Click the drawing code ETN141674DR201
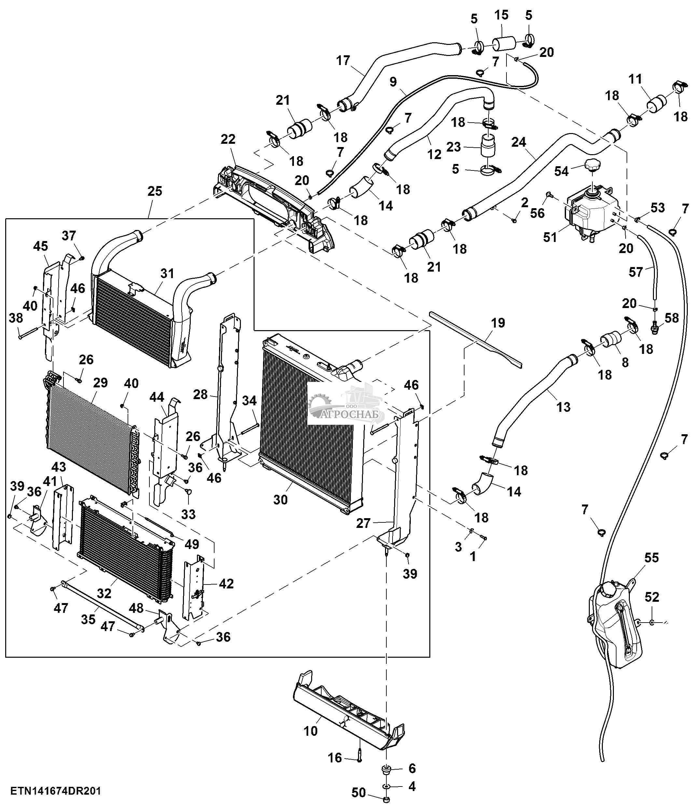tap(56, 791)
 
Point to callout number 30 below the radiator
tap(280, 499)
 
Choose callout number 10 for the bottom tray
tap(311, 731)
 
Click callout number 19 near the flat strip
tap(498, 323)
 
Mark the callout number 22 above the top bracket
tap(228, 139)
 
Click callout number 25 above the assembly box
tap(155, 191)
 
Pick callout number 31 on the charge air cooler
tap(167, 274)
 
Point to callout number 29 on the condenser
tap(100, 383)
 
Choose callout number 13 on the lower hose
tap(563, 407)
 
